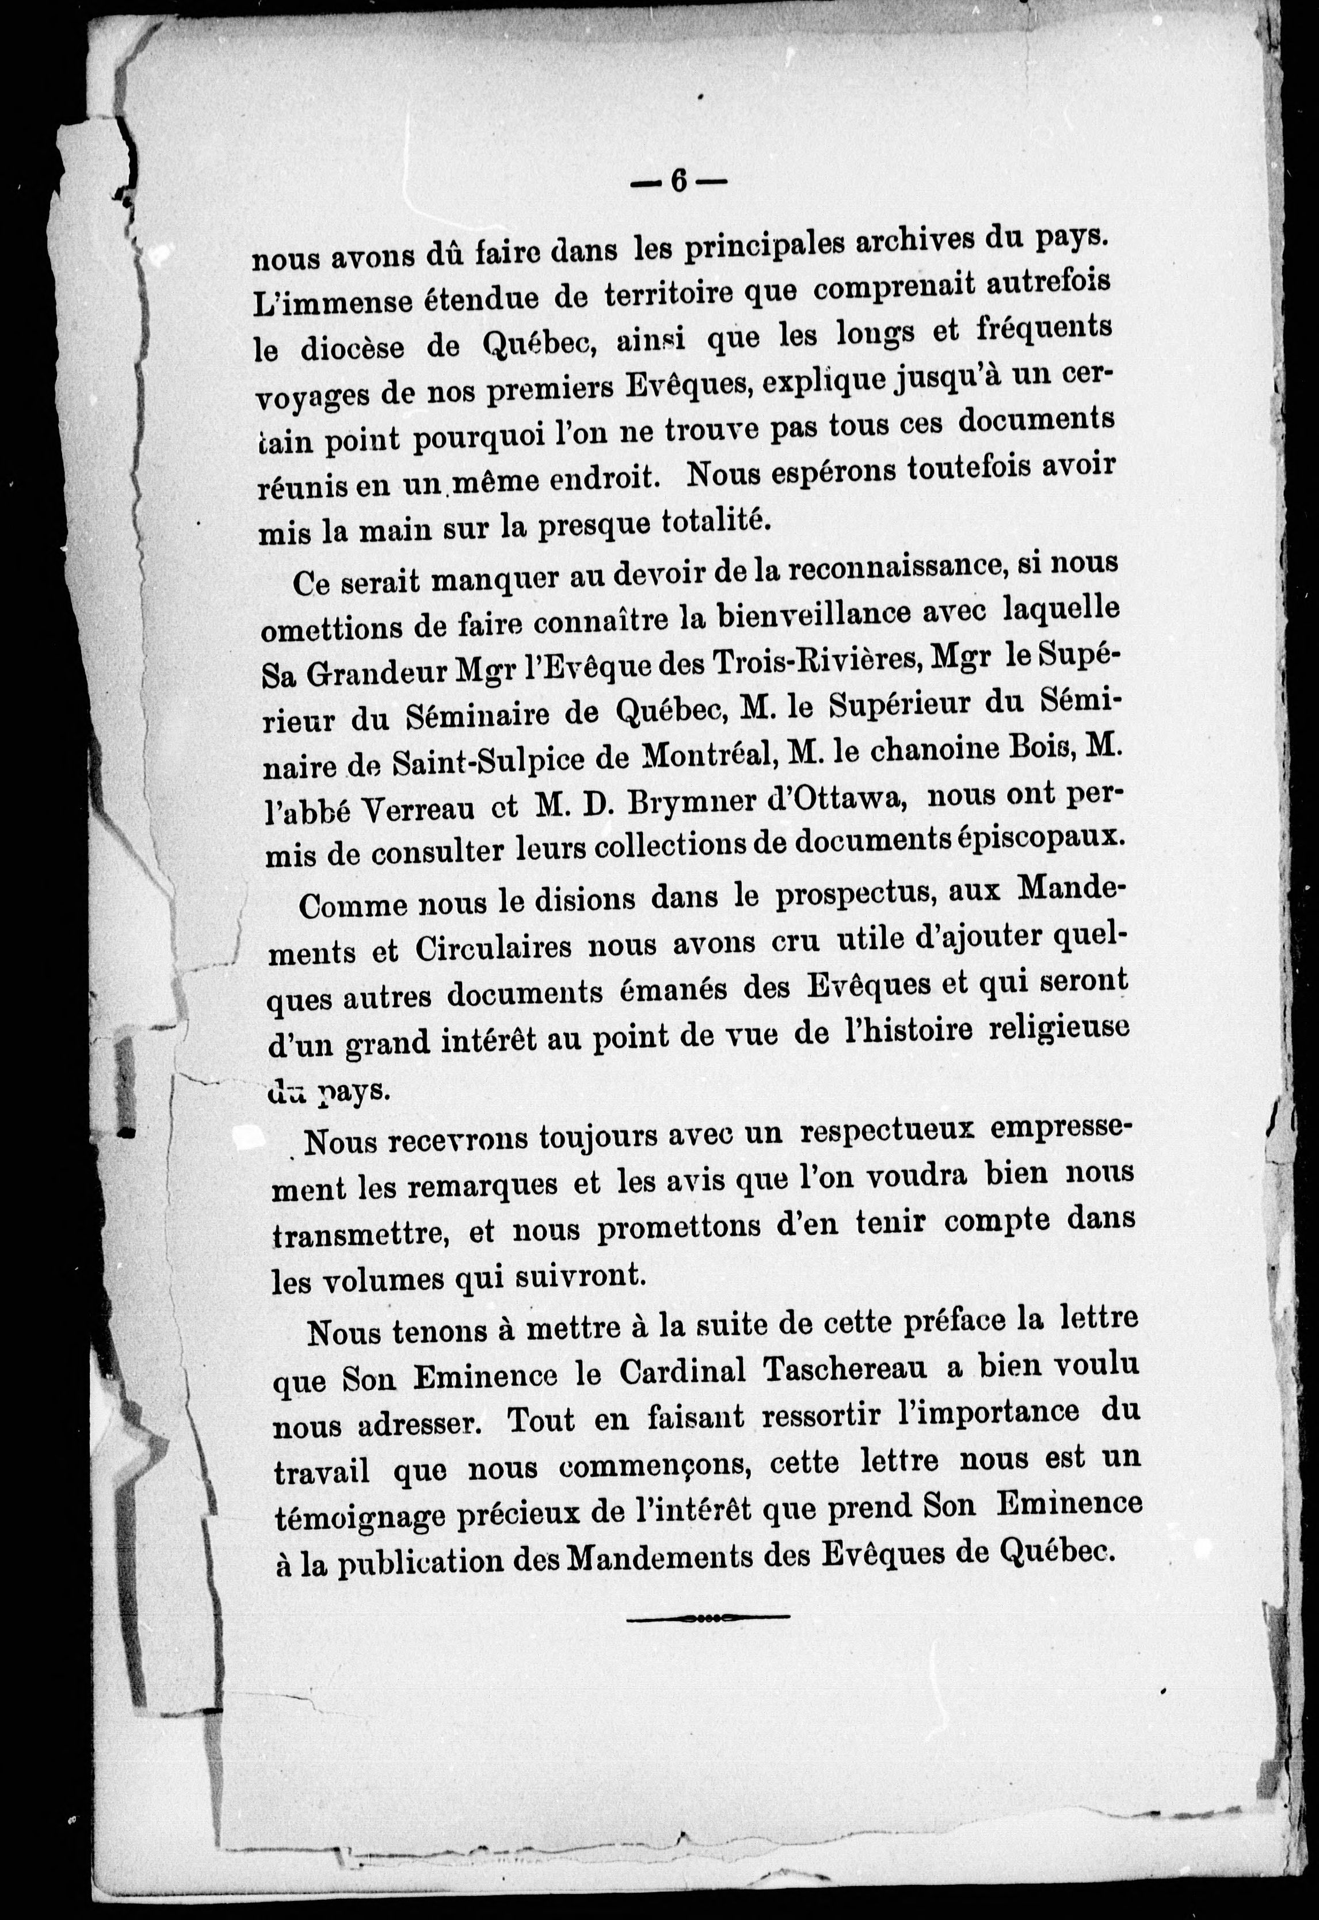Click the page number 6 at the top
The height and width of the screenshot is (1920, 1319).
point(678,180)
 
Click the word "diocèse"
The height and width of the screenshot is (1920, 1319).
point(353,349)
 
